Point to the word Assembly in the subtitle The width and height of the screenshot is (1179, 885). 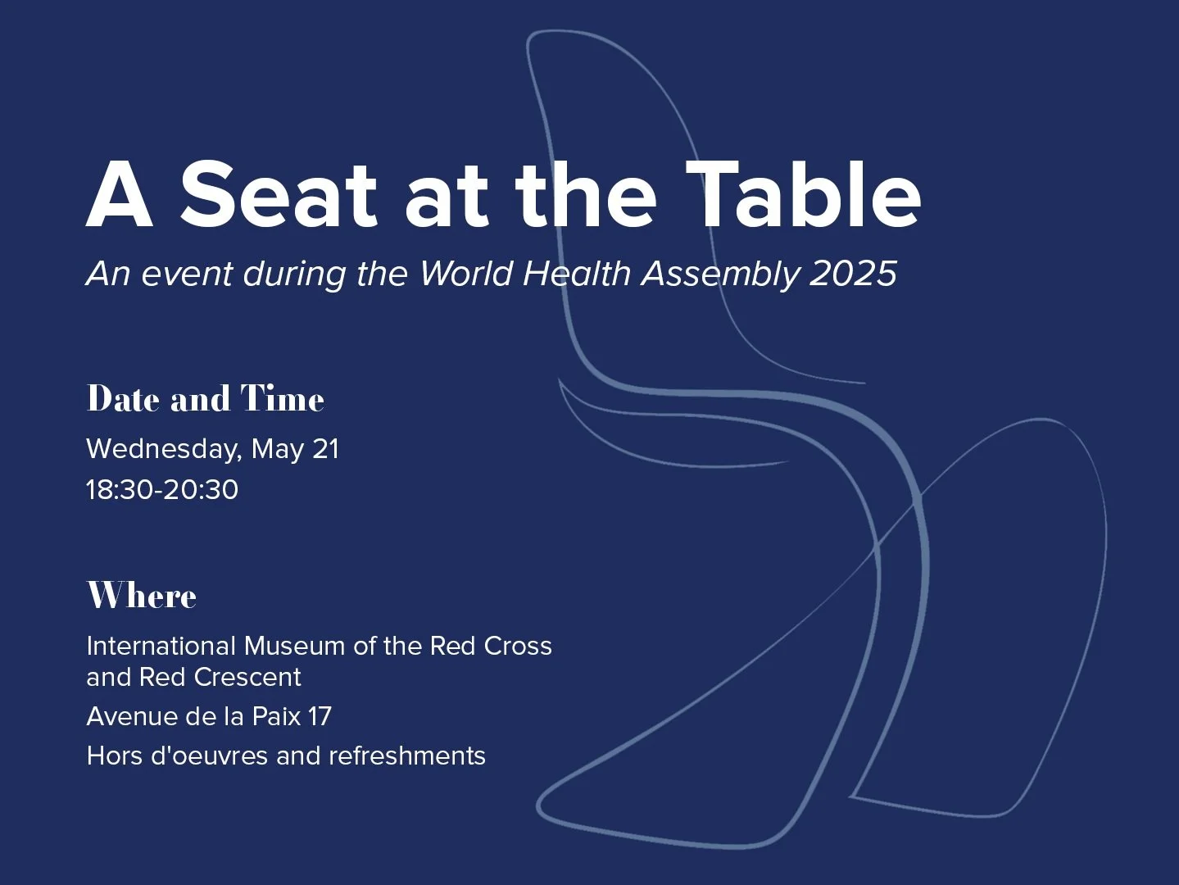click(x=719, y=274)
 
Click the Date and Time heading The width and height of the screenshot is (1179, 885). click(x=206, y=399)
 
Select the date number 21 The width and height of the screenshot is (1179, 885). click(x=325, y=449)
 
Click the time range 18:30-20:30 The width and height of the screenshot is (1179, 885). click(x=162, y=490)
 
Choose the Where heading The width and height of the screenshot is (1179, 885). click(x=142, y=596)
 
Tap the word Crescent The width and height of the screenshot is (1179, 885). click(x=251, y=677)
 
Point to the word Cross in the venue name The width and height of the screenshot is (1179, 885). click(x=518, y=646)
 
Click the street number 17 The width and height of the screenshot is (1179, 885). click(x=319, y=716)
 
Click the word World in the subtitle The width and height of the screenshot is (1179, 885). click(x=466, y=273)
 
